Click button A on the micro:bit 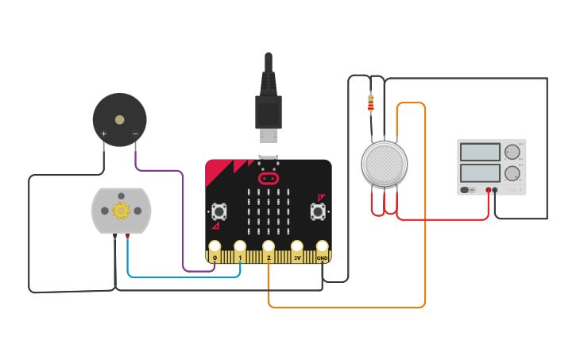pos(218,211)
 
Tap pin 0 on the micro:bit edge pos(215,247)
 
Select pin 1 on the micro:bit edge pos(240,247)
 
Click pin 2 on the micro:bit pos(269,247)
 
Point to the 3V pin pos(297,247)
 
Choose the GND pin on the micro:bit pos(322,247)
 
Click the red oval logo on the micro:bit pos(269,179)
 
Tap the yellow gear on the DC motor pos(121,211)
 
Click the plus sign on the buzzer pos(104,134)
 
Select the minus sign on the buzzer pos(135,134)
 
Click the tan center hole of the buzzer pos(120,120)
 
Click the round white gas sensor pos(384,164)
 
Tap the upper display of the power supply pos(480,152)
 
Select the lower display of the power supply pos(480,172)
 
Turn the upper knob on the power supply pos(512,151)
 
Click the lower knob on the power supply pos(512,172)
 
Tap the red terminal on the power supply pos(488,191)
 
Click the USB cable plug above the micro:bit pos(269,111)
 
